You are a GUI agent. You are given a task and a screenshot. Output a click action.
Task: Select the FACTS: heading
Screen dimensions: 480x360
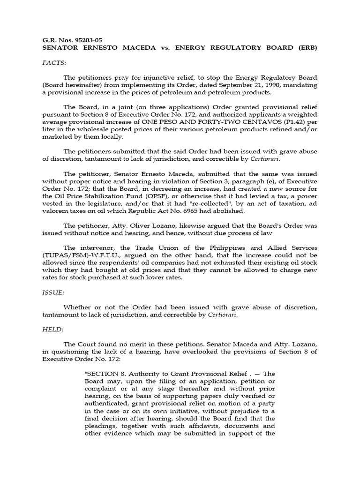[x=54, y=62]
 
